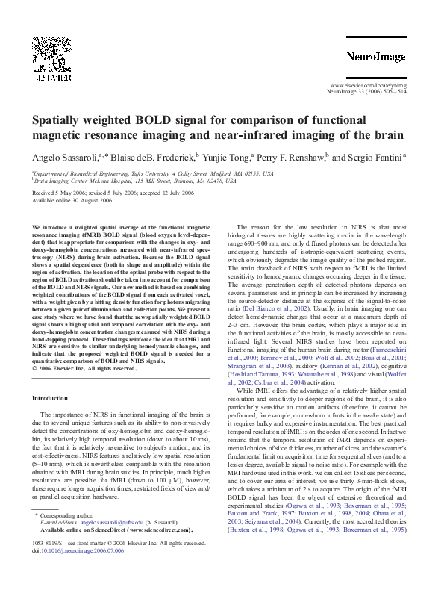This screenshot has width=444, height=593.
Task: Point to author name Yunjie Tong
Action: pyautogui.click(x=225, y=158)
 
